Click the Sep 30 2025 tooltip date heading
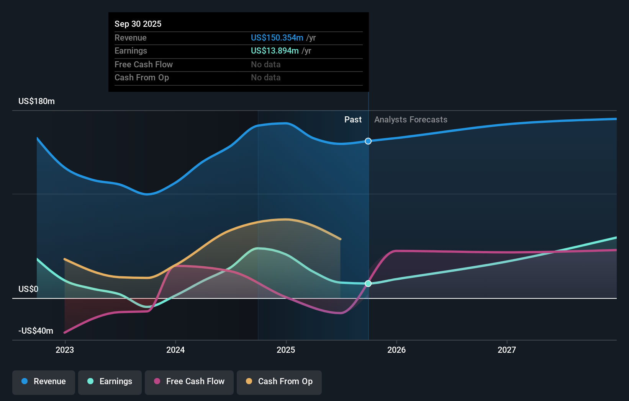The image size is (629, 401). coord(138,24)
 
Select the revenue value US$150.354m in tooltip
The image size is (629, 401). coord(277,37)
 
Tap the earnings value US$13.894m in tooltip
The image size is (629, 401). coord(274,51)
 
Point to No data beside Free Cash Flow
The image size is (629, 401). coord(265,64)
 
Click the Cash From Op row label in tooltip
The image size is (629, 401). coord(142,77)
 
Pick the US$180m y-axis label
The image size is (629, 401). coord(36,101)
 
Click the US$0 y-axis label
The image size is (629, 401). coord(28,289)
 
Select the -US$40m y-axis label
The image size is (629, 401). coord(36,331)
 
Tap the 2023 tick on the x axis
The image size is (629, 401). coord(65,350)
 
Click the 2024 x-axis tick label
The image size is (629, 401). coord(175,350)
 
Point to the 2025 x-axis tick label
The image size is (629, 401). coord(286,350)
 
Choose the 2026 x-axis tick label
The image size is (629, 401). coord(396,350)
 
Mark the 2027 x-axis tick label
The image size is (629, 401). coord(507,350)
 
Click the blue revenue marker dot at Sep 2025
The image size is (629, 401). coord(368,141)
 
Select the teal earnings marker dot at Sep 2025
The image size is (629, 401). coord(368,284)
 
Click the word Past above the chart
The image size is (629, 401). coord(353,119)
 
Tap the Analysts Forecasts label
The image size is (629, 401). coord(411,119)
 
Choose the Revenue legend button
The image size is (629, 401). coord(44,382)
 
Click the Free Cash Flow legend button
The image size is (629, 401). coord(189,382)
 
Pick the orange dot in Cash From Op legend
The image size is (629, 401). coord(249,381)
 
